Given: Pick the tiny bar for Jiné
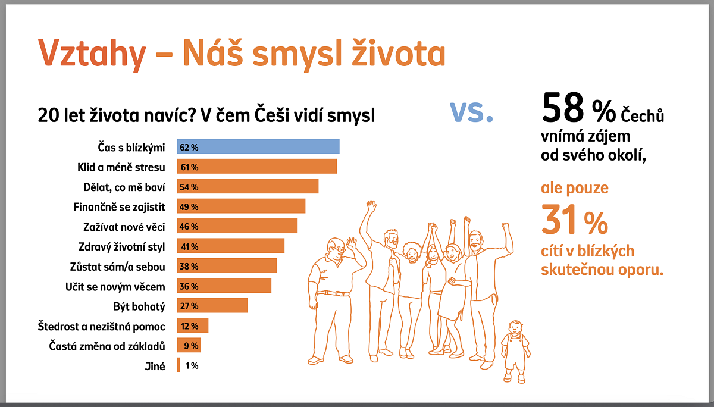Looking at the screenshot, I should (178, 365).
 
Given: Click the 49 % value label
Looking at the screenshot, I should (189, 206).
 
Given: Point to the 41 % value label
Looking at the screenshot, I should (189, 246).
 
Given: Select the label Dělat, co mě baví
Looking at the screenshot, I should (124, 186).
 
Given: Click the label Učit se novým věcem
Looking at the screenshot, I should (115, 286).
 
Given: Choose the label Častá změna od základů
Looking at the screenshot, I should (107, 346).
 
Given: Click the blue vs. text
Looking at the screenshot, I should (471, 111).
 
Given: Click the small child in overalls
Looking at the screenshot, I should (515, 350).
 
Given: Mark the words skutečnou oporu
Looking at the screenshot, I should (602, 269).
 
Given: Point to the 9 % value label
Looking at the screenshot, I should (190, 346).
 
